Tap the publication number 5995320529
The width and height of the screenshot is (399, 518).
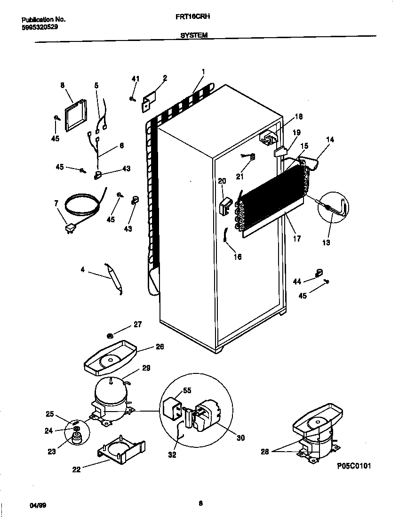point(40,26)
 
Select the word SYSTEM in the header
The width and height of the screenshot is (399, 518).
point(194,35)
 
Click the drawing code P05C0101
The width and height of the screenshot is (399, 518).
point(354,466)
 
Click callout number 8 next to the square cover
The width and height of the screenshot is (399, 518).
point(62,85)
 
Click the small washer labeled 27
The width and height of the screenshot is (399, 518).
point(110,335)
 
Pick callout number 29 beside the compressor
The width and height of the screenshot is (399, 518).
point(146,368)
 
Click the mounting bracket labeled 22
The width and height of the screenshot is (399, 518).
point(121,451)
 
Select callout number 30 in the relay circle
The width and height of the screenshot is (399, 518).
point(240,437)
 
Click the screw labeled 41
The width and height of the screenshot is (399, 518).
point(133,98)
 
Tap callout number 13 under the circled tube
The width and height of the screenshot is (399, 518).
point(326,243)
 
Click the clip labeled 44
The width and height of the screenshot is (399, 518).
point(319,273)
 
